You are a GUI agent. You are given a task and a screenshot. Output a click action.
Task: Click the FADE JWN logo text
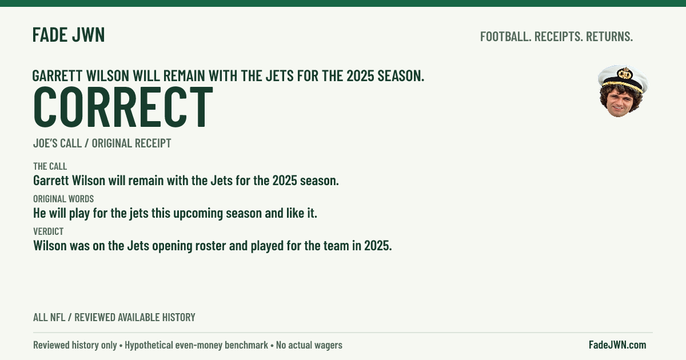pyautogui.click(x=69, y=35)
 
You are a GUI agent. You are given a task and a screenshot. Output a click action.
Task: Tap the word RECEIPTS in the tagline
pyautogui.click(x=559, y=37)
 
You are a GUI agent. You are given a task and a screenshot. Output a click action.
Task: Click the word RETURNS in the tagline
pyautogui.click(x=609, y=37)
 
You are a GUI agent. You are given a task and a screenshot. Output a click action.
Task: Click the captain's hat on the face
pyautogui.click(x=623, y=79)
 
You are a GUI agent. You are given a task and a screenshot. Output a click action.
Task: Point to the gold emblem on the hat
pyautogui.click(x=625, y=74)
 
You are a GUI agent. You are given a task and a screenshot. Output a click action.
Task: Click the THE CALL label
pyautogui.click(x=50, y=166)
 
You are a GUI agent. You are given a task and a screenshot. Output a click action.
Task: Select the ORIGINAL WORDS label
pyautogui.click(x=63, y=199)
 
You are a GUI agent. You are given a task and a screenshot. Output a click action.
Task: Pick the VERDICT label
pyautogui.click(x=49, y=231)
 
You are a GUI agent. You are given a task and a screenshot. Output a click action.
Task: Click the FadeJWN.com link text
pyautogui.click(x=617, y=345)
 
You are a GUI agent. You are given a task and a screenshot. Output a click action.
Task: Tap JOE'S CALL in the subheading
pyautogui.click(x=57, y=143)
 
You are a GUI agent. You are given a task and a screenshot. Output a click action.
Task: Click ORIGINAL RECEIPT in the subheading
pyautogui.click(x=131, y=143)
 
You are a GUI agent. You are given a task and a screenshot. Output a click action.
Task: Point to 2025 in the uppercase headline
pyautogui.click(x=361, y=75)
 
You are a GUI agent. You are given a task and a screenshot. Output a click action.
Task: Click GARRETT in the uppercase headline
pyautogui.click(x=57, y=75)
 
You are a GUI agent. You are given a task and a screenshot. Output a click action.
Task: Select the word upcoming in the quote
pyautogui.click(x=198, y=213)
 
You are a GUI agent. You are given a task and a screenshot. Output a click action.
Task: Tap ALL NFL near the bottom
pyautogui.click(x=49, y=317)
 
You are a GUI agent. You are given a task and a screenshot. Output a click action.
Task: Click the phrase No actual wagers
pyautogui.click(x=309, y=345)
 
